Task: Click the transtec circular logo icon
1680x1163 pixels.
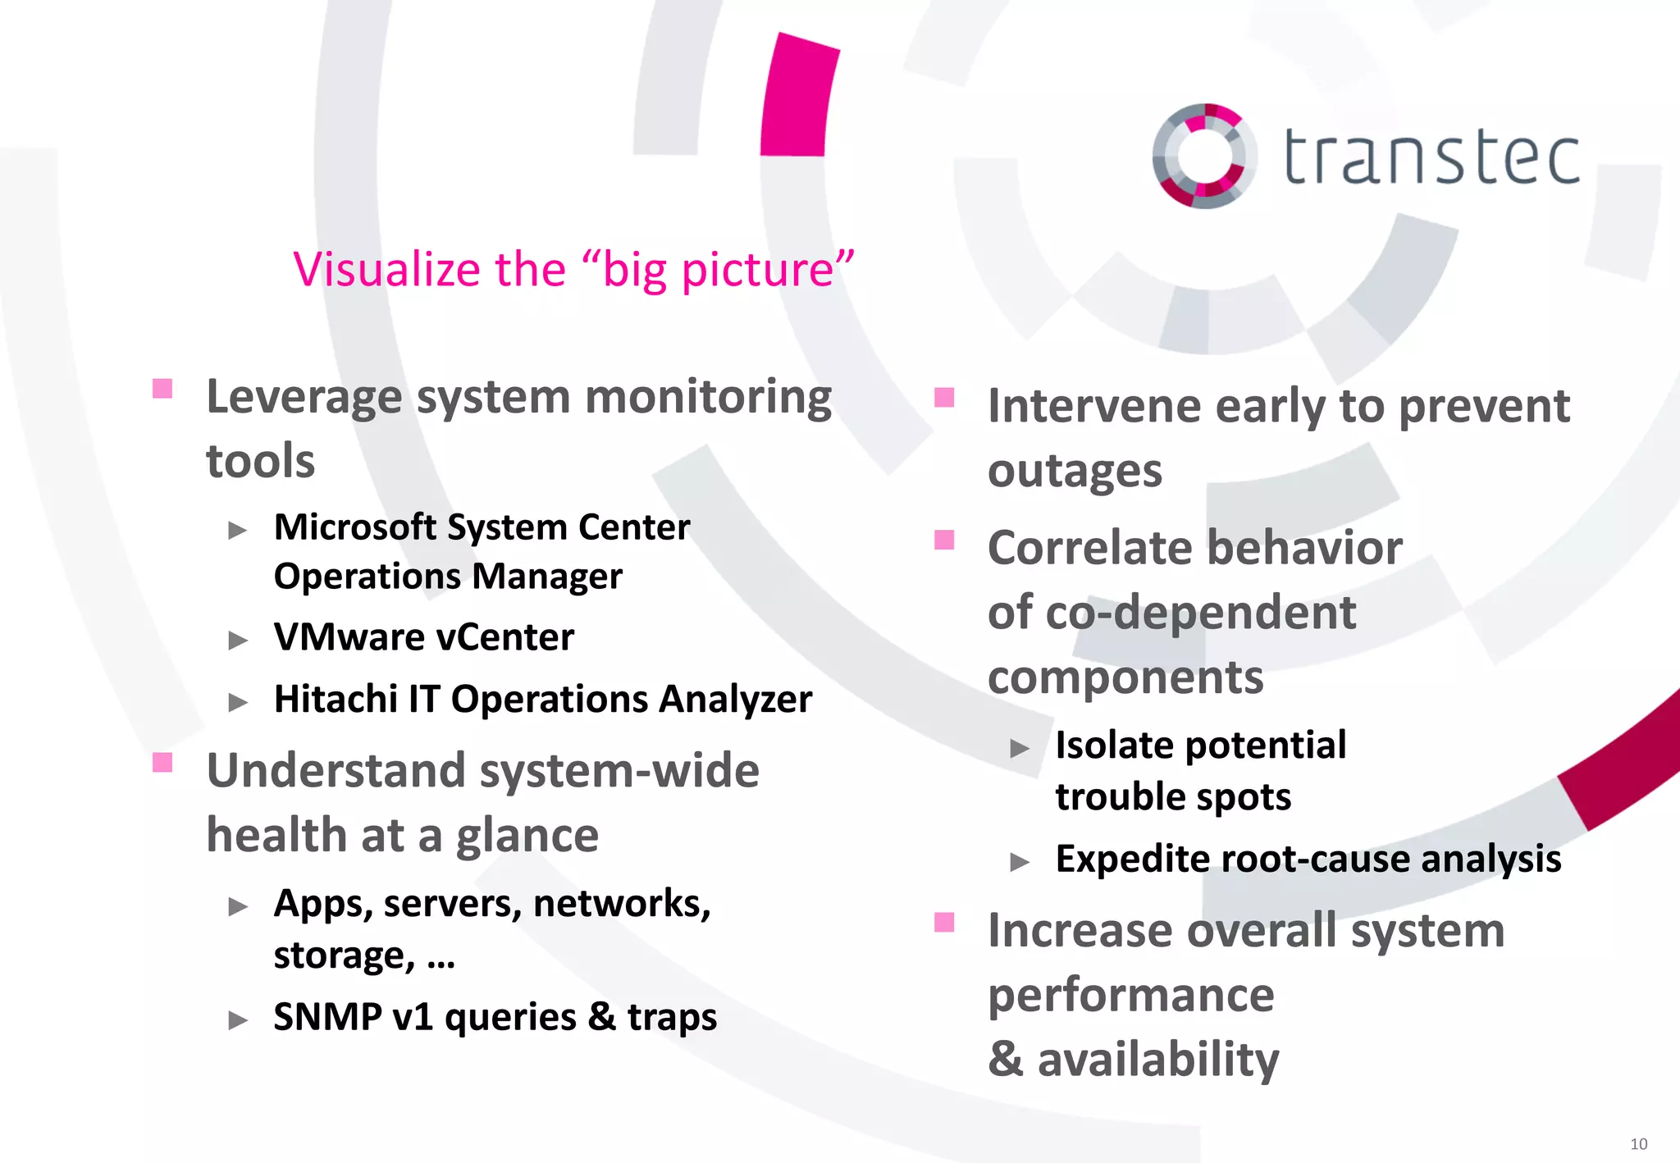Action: point(1203,156)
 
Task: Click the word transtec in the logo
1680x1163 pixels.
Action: point(1431,157)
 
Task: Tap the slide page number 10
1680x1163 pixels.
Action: point(1638,1143)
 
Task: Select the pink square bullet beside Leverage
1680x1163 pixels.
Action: point(162,388)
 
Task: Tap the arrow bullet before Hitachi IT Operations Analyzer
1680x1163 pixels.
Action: point(238,702)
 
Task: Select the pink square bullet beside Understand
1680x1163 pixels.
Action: point(162,763)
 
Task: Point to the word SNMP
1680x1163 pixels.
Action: point(327,1017)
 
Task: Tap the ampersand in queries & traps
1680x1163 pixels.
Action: point(601,1017)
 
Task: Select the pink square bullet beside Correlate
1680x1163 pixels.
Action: point(944,540)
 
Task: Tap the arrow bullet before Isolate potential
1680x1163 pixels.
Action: point(1020,748)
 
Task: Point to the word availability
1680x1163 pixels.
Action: point(1157,1059)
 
